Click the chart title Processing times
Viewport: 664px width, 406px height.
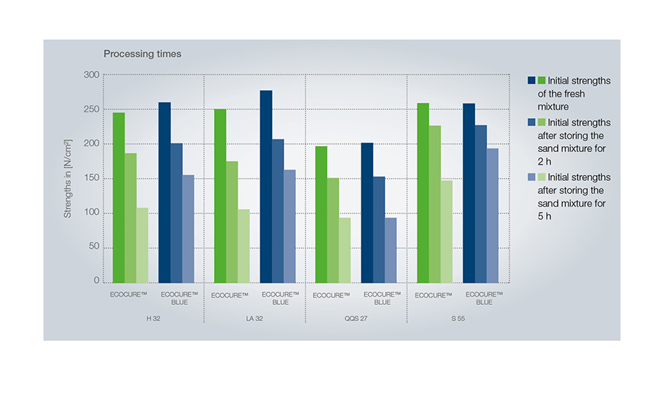click(142, 54)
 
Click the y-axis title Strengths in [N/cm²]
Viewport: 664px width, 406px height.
click(68, 178)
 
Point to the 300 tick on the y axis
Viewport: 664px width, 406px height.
click(91, 75)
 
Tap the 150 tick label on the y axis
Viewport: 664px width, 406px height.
click(91, 179)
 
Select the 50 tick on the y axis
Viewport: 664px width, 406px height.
click(93, 247)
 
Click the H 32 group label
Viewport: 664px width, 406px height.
click(153, 318)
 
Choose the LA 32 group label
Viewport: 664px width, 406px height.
click(255, 318)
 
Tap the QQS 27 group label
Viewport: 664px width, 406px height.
click(356, 318)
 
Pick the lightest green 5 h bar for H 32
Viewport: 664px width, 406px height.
click(142, 245)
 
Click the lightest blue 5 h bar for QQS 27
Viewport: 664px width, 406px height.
click(391, 250)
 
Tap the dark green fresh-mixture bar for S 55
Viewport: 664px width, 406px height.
click(423, 193)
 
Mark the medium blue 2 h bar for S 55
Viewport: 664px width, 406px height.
click(480, 204)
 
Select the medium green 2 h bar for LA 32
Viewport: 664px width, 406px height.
click(232, 222)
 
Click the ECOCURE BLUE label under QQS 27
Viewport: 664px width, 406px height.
click(381, 298)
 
